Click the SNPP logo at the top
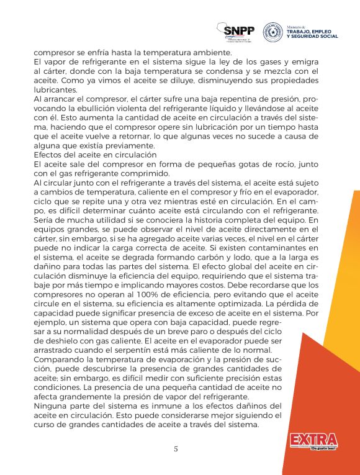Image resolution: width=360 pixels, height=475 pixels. pyautogui.click(x=237, y=32)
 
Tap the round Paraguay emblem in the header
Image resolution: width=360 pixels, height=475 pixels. pyautogui.click(x=273, y=32)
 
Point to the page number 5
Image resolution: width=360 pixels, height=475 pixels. pyautogui.click(x=176, y=449)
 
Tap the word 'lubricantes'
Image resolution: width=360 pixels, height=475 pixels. pyautogui.click(x=55, y=89)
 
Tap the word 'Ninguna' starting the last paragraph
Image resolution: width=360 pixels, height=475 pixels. pyautogui.click(x=51, y=406)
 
